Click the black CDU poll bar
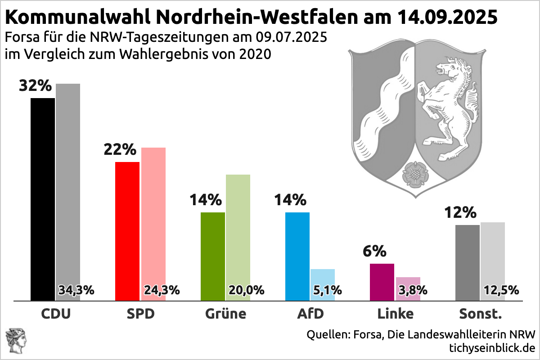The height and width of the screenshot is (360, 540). click(x=43, y=198)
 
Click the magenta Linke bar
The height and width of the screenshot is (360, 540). click(x=382, y=282)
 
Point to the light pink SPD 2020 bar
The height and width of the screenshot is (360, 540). click(x=153, y=216)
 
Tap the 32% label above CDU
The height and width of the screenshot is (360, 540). click(x=36, y=85)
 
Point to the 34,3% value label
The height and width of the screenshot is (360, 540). click(x=76, y=290)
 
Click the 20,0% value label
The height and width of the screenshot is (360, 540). click(x=246, y=290)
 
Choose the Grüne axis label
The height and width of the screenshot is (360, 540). click(x=225, y=313)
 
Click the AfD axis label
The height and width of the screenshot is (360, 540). click(x=310, y=313)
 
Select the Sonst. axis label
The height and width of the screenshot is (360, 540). click(x=480, y=313)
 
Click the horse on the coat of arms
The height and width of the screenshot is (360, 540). click(x=450, y=103)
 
